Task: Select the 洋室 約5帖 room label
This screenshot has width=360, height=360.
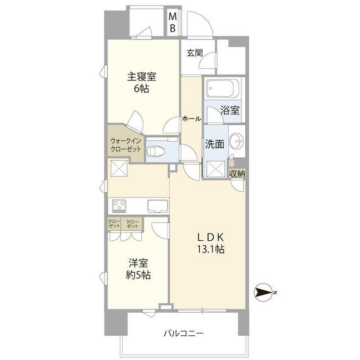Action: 138,269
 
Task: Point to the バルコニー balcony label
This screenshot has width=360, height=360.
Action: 183,333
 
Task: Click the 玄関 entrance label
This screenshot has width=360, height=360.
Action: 195,53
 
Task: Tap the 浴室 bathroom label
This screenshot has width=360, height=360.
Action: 231,111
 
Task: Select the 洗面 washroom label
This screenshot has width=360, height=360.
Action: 214,144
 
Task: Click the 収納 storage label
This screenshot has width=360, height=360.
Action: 237,174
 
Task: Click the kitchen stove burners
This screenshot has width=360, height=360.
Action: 120,205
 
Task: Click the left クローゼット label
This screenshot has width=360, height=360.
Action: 115,224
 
